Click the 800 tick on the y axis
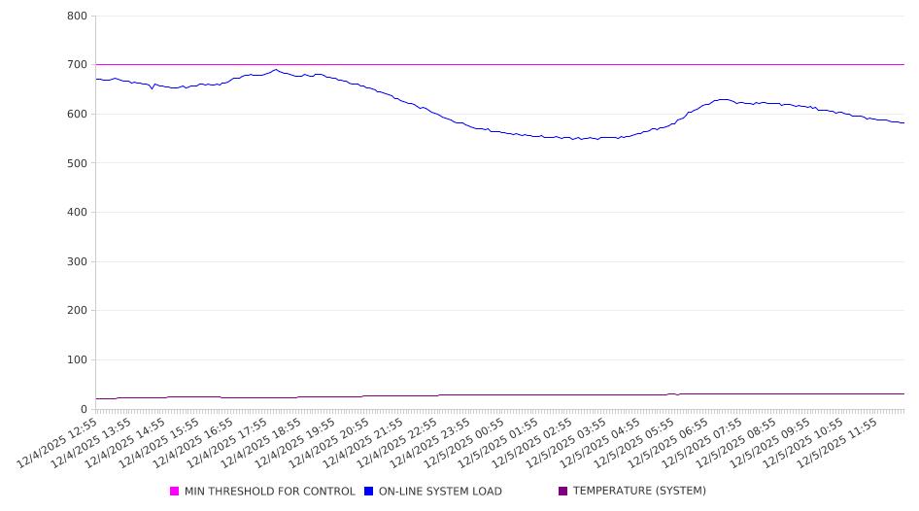click(77, 17)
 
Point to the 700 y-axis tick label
click(77, 65)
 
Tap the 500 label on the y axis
click(77, 163)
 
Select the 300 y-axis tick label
click(77, 262)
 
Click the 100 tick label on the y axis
click(77, 360)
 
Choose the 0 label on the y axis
click(85, 410)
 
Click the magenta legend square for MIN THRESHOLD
click(175, 492)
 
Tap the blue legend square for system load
click(369, 492)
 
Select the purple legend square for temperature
click(563, 492)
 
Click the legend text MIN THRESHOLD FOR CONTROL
click(269, 492)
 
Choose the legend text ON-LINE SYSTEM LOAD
click(440, 492)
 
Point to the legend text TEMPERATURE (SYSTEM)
click(639, 492)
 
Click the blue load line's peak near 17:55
click(276, 70)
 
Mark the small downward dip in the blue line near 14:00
click(152, 89)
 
